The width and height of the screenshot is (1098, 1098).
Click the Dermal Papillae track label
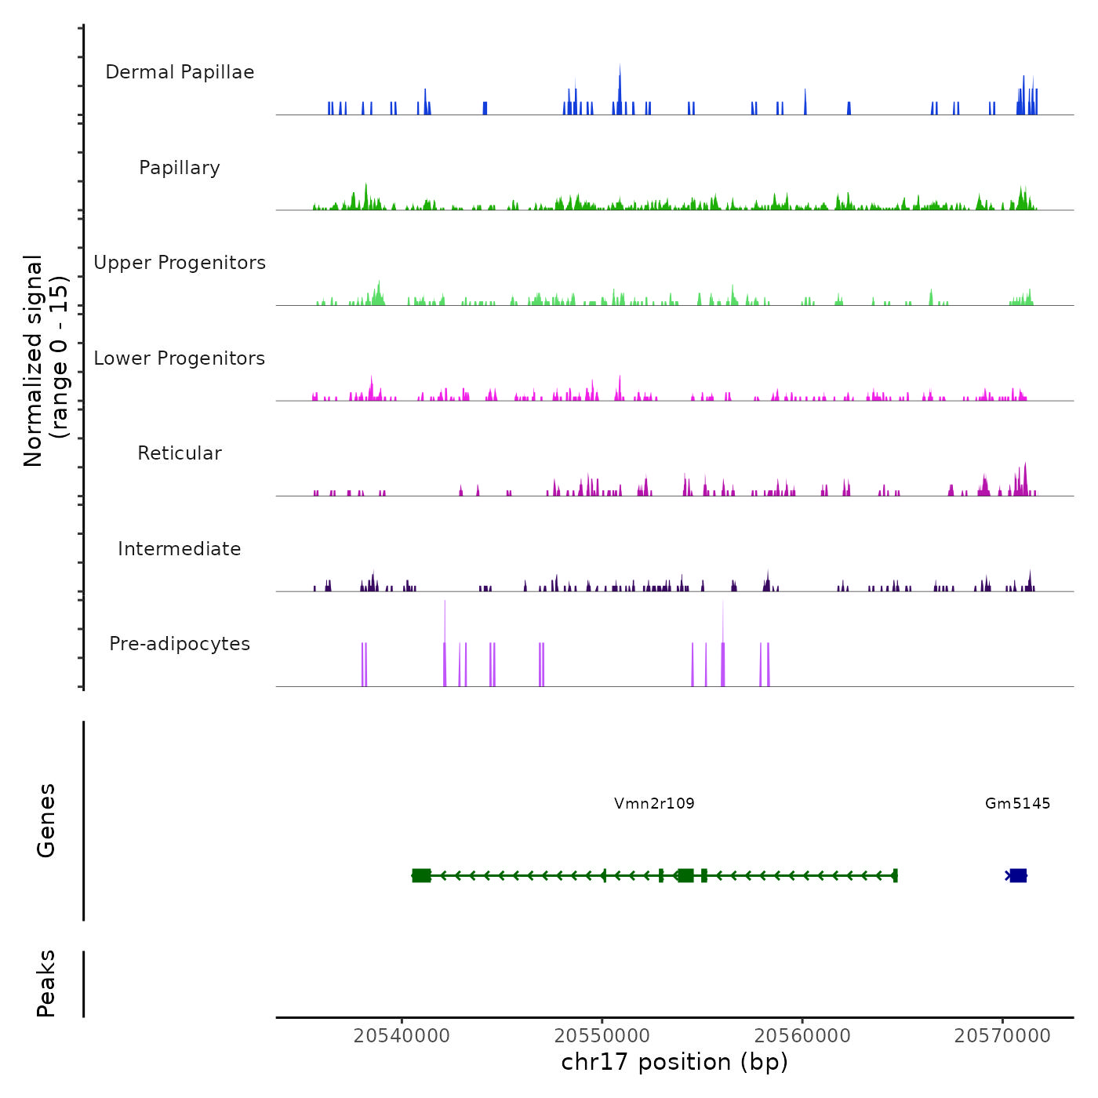(180, 72)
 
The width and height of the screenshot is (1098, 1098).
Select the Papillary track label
(180, 168)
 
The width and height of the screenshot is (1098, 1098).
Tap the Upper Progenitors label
(180, 263)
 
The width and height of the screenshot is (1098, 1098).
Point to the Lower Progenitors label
(180, 358)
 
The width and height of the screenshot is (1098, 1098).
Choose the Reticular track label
(180, 453)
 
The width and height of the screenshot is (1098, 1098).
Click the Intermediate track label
(180, 549)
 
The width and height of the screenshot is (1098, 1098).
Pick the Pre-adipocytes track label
(180, 644)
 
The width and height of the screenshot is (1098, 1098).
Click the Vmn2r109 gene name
(654, 803)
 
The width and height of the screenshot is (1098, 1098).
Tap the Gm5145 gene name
(1017, 803)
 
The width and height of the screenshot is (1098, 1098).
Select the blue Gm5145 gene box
(1018, 875)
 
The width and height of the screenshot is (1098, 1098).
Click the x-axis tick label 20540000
(402, 1036)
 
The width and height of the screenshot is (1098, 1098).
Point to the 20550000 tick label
(602, 1036)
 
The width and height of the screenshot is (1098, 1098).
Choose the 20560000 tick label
(802, 1036)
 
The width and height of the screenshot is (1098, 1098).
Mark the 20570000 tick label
(1002, 1036)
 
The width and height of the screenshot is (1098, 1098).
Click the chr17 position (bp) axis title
(674, 1062)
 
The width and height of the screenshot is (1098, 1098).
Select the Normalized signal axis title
(46, 361)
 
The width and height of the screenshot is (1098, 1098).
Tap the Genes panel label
(46, 820)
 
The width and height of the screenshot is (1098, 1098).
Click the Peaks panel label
(46, 983)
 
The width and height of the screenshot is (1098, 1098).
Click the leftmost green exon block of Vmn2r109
(421, 875)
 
